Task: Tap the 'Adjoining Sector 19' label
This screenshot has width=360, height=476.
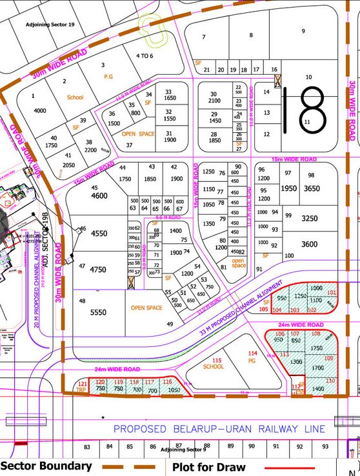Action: (50, 24)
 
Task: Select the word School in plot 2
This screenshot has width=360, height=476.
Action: (75, 97)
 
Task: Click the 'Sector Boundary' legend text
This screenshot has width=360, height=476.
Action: (46, 466)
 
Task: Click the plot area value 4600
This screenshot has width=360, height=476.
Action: (99, 195)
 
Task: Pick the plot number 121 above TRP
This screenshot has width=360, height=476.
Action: (81, 384)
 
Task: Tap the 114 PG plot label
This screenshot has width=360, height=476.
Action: (252, 357)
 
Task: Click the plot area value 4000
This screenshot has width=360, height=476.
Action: (39, 111)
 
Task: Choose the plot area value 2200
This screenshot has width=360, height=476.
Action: (92, 150)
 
